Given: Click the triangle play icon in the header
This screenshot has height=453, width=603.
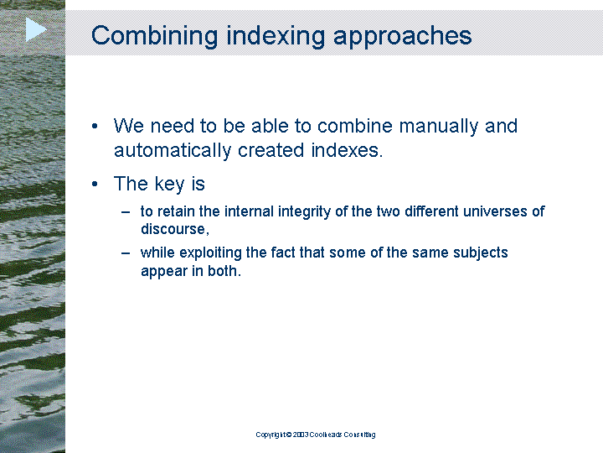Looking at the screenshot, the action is coord(35,29).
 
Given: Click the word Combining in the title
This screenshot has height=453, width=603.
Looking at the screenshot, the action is coord(155,36).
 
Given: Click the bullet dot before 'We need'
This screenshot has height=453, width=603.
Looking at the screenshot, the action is coord(95,126).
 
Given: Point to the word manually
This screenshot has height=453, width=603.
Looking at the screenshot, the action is coord(438,127).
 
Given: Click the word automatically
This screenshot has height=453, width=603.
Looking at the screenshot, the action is coord(173,151).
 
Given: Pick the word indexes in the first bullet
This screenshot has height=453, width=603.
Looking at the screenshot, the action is coord(347,150).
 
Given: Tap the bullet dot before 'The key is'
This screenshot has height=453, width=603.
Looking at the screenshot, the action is coord(95,184).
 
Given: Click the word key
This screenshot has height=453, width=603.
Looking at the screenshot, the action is coord(169,184).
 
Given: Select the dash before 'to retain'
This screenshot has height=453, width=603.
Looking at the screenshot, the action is coord(126,212).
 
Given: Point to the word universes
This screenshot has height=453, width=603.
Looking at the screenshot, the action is coord(495,211).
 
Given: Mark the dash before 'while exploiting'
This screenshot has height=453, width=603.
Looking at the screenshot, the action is coord(126,253).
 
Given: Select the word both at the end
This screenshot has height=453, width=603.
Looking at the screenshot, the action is coord(224,271).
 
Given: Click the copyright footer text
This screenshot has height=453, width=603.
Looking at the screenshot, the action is coord(316,435).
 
